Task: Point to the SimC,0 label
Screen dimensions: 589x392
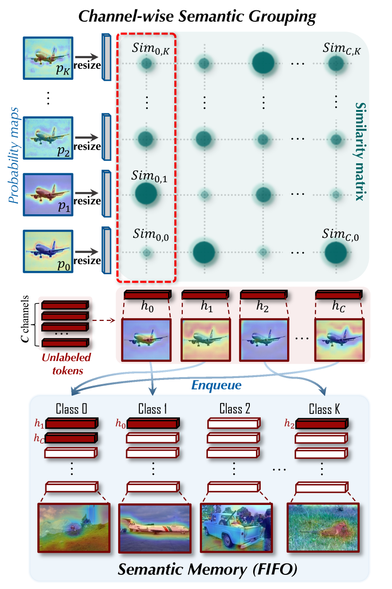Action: point(340,235)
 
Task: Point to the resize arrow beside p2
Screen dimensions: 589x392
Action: point(87,138)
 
